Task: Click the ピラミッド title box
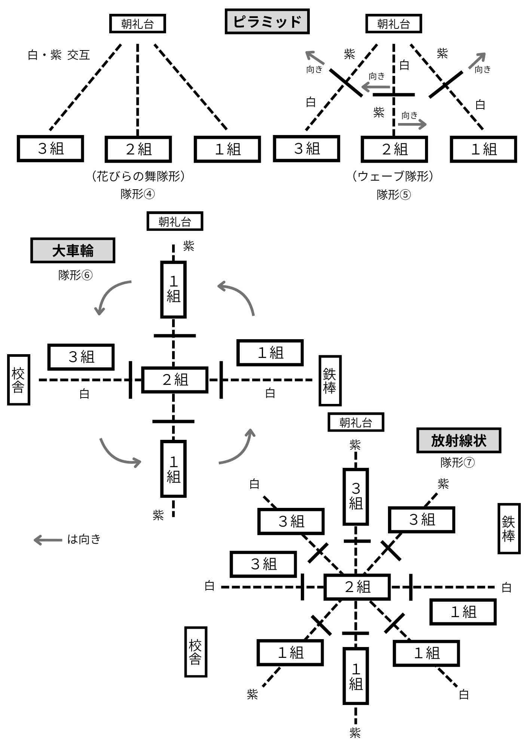pyautogui.click(x=267, y=22)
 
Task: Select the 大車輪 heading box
pyautogui.click(x=73, y=251)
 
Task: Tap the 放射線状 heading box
pyautogui.click(x=458, y=441)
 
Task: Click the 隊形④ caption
pyautogui.click(x=137, y=194)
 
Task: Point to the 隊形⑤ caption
pyautogui.click(x=394, y=195)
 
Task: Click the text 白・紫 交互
pyautogui.click(x=59, y=55)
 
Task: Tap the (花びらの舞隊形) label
pyautogui.click(x=138, y=176)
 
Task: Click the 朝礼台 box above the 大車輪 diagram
pyautogui.click(x=175, y=221)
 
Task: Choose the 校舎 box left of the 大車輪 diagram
pyautogui.click(x=18, y=380)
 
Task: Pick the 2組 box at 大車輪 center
pyautogui.click(x=175, y=380)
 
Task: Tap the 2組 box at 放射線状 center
pyautogui.click(x=357, y=587)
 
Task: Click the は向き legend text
pyautogui.click(x=84, y=539)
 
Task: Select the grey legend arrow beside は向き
pyautogui.click(x=48, y=540)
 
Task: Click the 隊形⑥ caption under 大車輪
pyautogui.click(x=75, y=275)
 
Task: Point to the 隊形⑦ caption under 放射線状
pyautogui.click(x=457, y=463)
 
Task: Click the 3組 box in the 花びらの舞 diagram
pyautogui.click(x=51, y=149)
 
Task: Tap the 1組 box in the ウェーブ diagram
pyautogui.click(x=483, y=149)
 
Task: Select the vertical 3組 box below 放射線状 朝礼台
pyautogui.click(x=356, y=497)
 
